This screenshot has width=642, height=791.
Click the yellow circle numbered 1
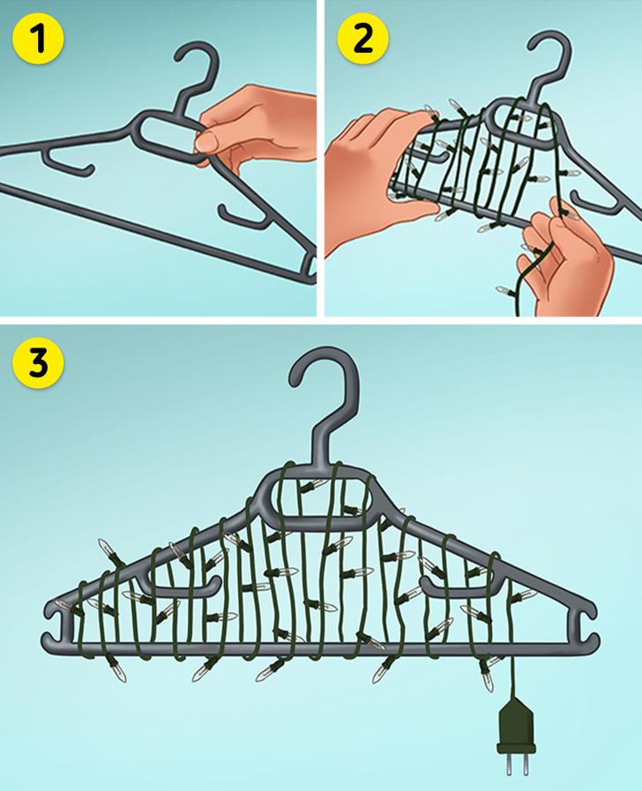click(x=38, y=40)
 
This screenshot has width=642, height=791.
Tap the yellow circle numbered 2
click(x=362, y=40)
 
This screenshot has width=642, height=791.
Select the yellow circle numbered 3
click(x=39, y=362)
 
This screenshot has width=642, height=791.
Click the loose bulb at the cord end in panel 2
click(x=504, y=290)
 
